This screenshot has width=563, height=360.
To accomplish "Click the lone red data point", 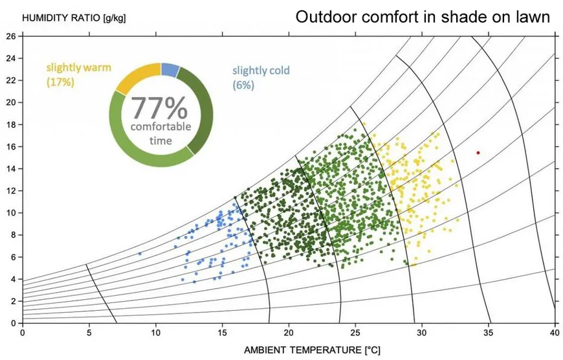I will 478,153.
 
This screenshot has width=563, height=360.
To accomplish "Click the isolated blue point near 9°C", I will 140,254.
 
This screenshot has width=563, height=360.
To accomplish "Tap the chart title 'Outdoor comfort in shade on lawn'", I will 423,17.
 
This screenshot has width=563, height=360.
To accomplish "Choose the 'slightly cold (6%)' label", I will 261,77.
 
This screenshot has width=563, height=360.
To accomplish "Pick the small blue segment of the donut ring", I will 170,69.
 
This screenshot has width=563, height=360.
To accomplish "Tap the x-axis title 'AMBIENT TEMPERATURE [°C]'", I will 304,350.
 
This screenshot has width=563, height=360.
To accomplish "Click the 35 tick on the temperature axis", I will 489,333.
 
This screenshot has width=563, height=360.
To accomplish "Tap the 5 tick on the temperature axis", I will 89,333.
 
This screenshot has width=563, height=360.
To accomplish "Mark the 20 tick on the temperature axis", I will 289,333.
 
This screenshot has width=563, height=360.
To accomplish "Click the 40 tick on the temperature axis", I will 555,333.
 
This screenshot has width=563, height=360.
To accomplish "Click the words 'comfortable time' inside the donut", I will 160,133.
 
